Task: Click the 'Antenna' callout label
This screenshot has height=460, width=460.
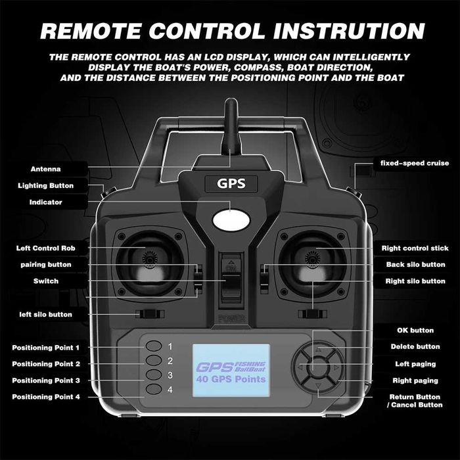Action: [x=46, y=169]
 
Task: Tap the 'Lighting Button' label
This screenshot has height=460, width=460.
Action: [x=45, y=186]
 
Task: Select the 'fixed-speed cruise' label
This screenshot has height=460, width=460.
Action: [x=415, y=163]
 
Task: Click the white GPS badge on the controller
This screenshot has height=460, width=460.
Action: [x=230, y=183]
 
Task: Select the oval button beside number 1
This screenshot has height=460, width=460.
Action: [x=154, y=346]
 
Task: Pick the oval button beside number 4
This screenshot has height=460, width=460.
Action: [x=154, y=390]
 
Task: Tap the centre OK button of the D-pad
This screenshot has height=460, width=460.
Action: [x=317, y=368]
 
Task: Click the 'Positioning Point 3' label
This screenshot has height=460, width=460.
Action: [x=46, y=380]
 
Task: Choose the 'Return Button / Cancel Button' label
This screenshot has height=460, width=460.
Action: [x=415, y=401]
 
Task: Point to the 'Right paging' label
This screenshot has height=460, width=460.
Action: [x=415, y=380]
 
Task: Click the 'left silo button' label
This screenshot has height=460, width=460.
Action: [x=45, y=315]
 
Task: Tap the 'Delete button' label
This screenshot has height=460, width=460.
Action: [x=415, y=347]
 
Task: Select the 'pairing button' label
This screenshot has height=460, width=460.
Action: [x=45, y=265]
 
